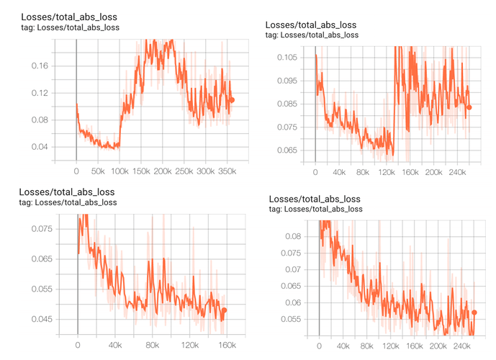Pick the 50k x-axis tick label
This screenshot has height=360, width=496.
(x=98, y=172)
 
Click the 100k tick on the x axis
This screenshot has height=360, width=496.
(x=120, y=172)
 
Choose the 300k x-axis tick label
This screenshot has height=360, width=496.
(x=207, y=172)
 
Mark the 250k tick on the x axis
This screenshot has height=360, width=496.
(x=185, y=172)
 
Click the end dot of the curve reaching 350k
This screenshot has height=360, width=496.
(x=232, y=100)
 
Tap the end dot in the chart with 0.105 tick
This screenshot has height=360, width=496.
(x=469, y=107)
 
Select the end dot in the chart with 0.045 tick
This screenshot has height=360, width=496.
(x=225, y=310)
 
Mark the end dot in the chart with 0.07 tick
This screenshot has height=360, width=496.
(x=474, y=312)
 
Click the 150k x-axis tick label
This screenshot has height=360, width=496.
(x=141, y=172)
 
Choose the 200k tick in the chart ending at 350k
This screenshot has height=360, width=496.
(x=163, y=172)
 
